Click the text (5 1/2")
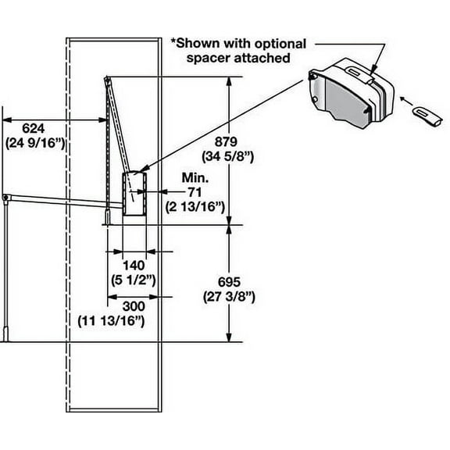tap(129, 280)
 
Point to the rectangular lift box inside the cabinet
tap(135, 194)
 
